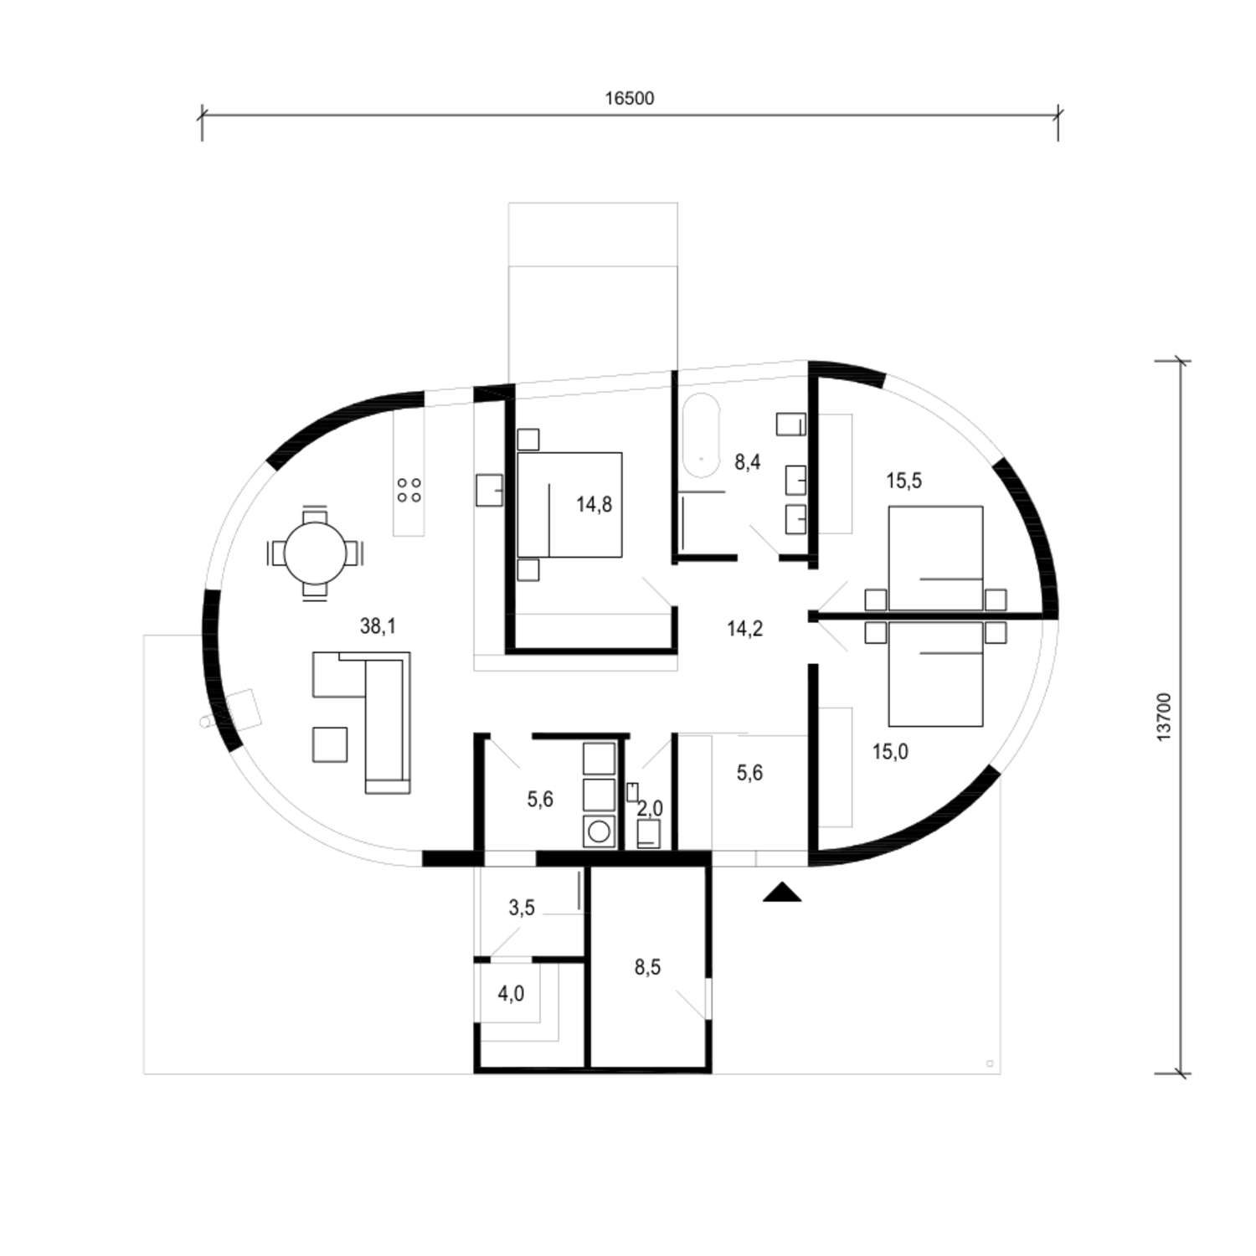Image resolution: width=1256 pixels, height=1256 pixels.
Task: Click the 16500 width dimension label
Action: pyautogui.click(x=629, y=98)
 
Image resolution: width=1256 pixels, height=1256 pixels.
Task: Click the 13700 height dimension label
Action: pyautogui.click(x=1165, y=717)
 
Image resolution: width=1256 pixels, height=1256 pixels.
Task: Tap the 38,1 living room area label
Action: pyautogui.click(x=378, y=625)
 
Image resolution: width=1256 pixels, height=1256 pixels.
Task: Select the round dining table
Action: pyautogui.click(x=315, y=553)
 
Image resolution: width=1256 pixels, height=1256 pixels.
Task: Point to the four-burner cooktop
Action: pyautogui.click(x=409, y=490)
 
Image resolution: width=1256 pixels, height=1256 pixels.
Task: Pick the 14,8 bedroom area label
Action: pyautogui.click(x=594, y=504)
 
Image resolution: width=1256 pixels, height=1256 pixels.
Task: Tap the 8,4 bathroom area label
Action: pyautogui.click(x=747, y=461)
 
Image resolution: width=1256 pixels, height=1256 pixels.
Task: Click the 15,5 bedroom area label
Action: pyautogui.click(x=903, y=481)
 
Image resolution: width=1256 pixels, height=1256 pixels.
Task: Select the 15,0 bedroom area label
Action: pyautogui.click(x=890, y=751)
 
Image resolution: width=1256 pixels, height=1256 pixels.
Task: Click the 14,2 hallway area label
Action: pyautogui.click(x=744, y=628)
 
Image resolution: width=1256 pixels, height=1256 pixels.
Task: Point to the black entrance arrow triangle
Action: pyautogui.click(x=782, y=893)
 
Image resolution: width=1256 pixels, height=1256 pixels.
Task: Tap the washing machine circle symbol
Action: pyautogui.click(x=599, y=831)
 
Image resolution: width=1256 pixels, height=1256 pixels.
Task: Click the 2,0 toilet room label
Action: pyautogui.click(x=650, y=809)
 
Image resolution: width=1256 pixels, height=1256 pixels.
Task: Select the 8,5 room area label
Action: pyautogui.click(x=647, y=967)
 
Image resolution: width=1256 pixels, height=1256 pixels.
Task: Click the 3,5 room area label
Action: pyautogui.click(x=521, y=907)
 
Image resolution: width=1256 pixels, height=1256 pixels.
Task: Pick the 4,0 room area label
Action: pyautogui.click(x=511, y=994)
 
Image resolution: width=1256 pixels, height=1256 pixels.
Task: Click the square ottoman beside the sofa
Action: pyautogui.click(x=330, y=744)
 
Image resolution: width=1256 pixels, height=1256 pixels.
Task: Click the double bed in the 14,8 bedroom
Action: pyautogui.click(x=569, y=505)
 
